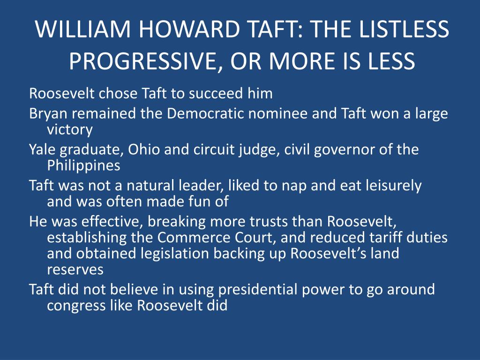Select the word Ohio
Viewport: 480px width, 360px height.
144,150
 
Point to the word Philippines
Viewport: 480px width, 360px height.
83,166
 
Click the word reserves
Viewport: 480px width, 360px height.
75,270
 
